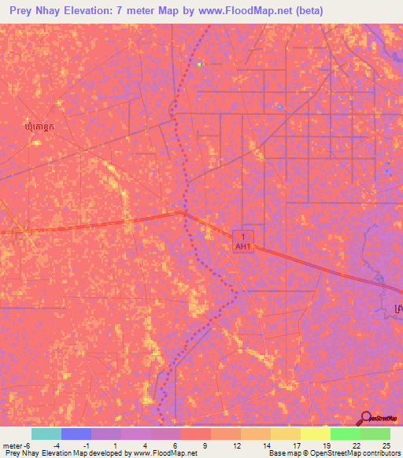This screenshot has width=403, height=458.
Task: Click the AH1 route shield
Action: (x=243, y=241)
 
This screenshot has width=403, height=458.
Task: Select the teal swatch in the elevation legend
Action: (x=46, y=434)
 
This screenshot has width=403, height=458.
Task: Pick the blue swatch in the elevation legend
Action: (x=76, y=434)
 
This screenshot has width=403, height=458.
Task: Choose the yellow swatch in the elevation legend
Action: (x=315, y=434)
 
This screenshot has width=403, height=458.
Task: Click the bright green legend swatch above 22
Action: (x=345, y=434)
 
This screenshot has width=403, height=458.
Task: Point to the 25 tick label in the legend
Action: (x=385, y=445)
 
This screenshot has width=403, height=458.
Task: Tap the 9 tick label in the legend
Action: (x=205, y=445)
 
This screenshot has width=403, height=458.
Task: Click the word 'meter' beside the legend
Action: (x=14, y=445)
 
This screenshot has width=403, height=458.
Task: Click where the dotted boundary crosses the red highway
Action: (x=185, y=212)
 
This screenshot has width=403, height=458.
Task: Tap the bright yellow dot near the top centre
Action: (x=200, y=64)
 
